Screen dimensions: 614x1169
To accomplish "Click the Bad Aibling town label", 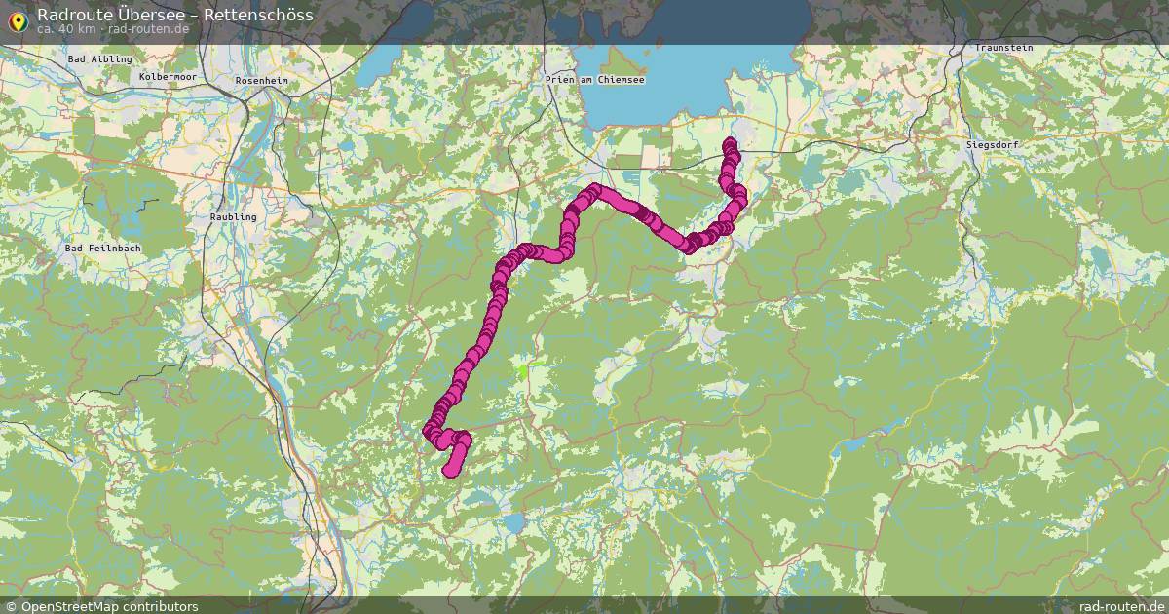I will [x=93, y=59].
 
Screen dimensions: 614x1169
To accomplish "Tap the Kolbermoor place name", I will [x=168, y=76].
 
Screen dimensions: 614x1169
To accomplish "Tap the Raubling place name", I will [x=234, y=216].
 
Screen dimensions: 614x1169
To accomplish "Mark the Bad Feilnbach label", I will [x=102, y=249].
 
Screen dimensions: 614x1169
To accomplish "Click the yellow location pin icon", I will [x=18, y=19].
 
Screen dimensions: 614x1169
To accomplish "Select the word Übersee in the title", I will [x=164, y=14].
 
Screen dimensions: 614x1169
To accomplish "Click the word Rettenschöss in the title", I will [x=258, y=14].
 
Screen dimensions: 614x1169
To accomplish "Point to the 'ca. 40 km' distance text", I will [x=66, y=28].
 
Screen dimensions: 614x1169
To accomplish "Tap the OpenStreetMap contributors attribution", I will [x=109, y=606].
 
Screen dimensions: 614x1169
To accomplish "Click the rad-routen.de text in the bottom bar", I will [x=1121, y=606].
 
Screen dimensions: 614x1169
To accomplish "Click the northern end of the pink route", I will [x=730, y=145].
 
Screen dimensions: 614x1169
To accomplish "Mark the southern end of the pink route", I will [x=450, y=473].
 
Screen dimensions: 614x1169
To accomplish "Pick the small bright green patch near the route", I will [x=527, y=369].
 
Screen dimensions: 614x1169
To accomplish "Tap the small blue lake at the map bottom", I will [x=513, y=523].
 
